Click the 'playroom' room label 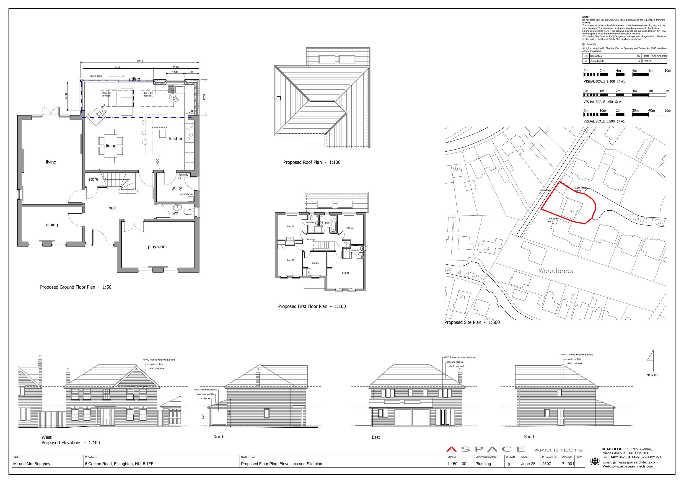tap(157, 247)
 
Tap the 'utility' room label tap(177, 188)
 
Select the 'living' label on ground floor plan tap(51, 162)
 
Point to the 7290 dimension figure tap(140, 61)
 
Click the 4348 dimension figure tap(118, 67)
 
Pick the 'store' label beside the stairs tap(93, 179)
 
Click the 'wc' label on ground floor tap(175, 213)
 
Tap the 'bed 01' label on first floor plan tap(345, 273)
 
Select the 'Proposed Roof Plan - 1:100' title tap(312, 162)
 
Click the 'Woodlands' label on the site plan tap(556, 271)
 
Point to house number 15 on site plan tap(486, 249)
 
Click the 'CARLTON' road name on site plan tap(647, 221)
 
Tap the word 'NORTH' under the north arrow tap(652, 375)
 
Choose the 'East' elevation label tap(376, 437)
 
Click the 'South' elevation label tap(529, 437)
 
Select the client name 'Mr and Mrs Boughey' tap(32, 464)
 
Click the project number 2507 tap(546, 464)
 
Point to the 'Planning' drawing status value tap(483, 464)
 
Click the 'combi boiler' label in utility tap(187, 194)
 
